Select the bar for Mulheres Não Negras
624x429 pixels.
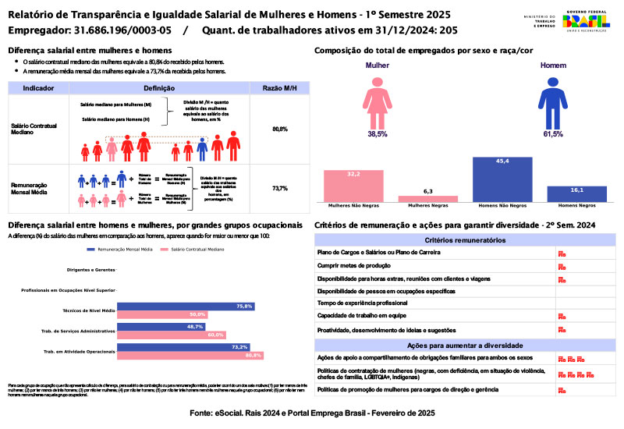353,186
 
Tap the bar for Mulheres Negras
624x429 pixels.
427,199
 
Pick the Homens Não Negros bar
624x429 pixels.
502,179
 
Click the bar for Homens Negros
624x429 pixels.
576,194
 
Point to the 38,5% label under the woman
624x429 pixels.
378,134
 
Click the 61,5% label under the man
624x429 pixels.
553,134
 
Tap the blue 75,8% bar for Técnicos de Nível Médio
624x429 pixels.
186,307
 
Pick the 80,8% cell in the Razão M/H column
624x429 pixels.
280,129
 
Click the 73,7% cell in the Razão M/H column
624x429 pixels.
280,188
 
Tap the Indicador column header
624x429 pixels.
38,88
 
